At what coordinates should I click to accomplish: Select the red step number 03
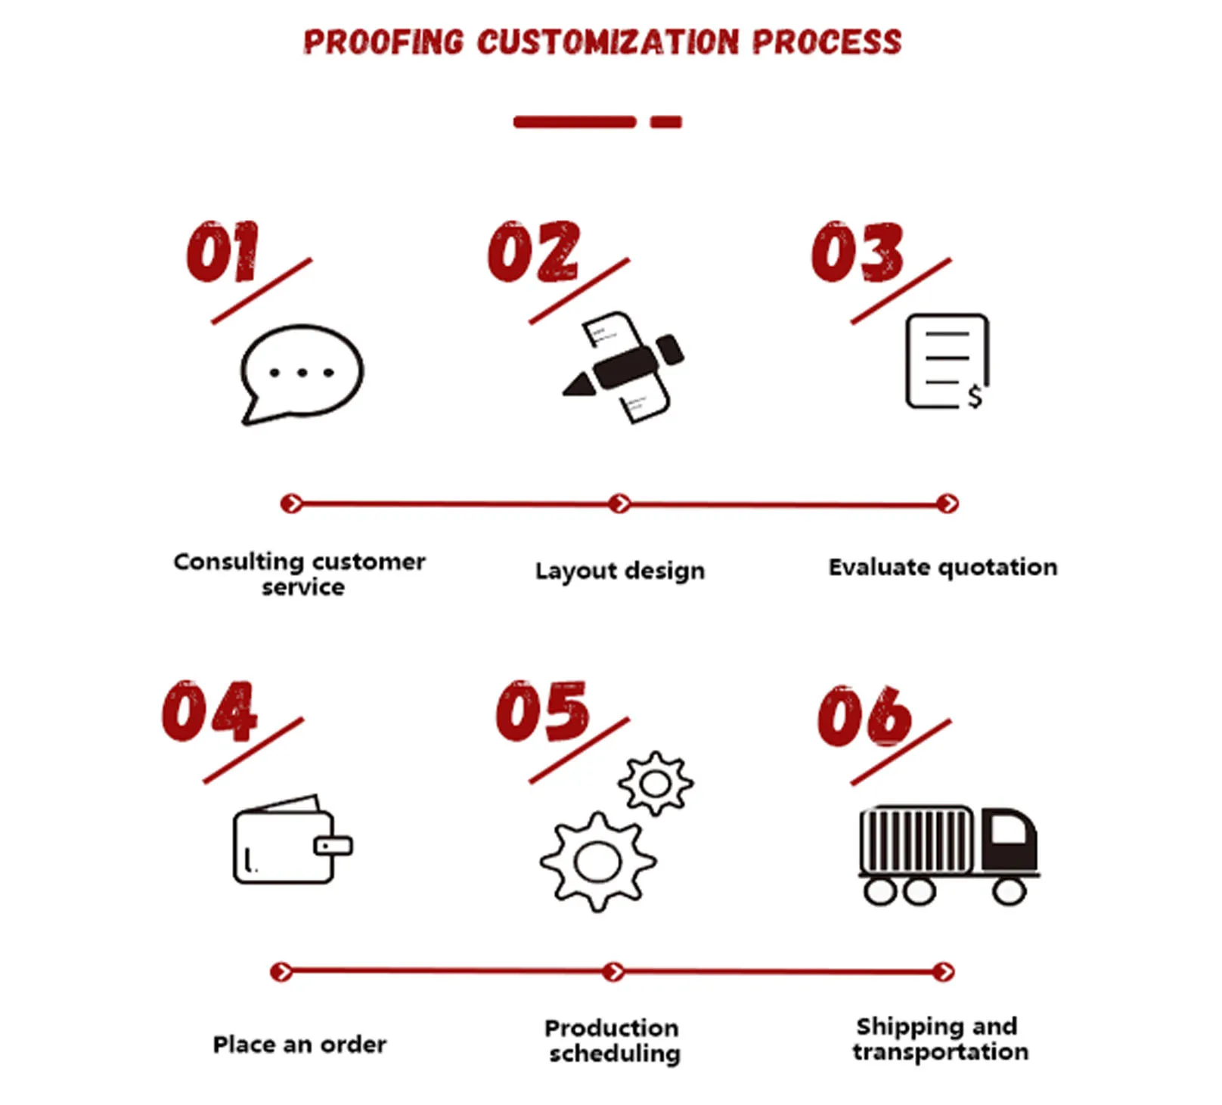pyautogui.click(x=857, y=252)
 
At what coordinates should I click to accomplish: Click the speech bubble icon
pyautogui.click(x=302, y=372)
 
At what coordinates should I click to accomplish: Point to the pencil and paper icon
pyautogui.click(x=624, y=367)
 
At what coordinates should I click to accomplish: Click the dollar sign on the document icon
pyautogui.click(x=975, y=395)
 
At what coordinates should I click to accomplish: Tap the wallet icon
pyautogui.click(x=291, y=840)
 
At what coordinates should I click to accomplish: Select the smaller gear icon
pyautogui.click(x=655, y=783)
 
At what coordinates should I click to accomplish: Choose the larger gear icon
pyautogui.click(x=597, y=862)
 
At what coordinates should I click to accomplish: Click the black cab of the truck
pyautogui.click(x=1010, y=839)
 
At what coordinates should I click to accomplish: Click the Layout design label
pyautogui.click(x=619, y=571)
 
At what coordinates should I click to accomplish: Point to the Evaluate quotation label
pyautogui.click(x=942, y=567)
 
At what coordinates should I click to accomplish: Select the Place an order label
pyautogui.click(x=299, y=1045)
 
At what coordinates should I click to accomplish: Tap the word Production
pyautogui.click(x=611, y=1028)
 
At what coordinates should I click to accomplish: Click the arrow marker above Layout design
pyautogui.click(x=619, y=503)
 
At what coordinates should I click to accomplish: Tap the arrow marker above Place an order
pyautogui.click(x=281, y=971)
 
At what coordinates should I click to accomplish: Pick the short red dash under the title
pyautogui.click(x=666, y=122)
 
